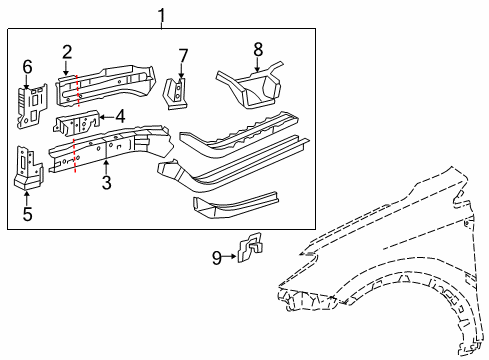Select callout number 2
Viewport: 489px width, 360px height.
[x=67, y=52]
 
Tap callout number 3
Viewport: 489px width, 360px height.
[x=105, y=181]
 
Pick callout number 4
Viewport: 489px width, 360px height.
[x=119, y=116]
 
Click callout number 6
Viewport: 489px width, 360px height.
[x=27, y=67]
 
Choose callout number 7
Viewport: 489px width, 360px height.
[x=182, y=54]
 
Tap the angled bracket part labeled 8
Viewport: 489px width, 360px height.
[x=250, y=85]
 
